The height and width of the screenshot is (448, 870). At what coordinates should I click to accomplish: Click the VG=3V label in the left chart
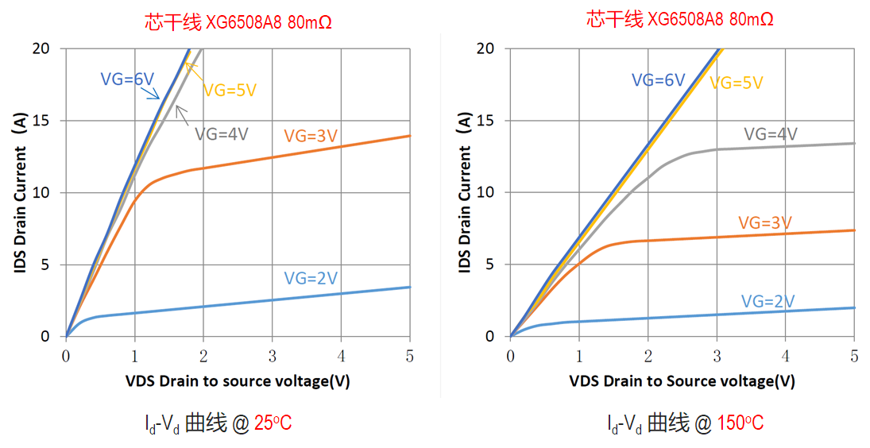point(311,136)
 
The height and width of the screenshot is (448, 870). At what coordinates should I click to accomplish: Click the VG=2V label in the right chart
point(768,301)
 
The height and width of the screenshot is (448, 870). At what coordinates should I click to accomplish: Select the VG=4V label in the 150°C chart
point(771,133)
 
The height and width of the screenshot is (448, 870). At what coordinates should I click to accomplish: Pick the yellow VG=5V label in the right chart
point(736,83)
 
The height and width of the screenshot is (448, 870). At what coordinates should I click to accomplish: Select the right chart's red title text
point(680,19)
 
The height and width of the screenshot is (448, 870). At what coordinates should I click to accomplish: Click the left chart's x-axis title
point(237,380)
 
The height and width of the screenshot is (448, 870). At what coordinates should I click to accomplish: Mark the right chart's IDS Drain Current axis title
point(465,192)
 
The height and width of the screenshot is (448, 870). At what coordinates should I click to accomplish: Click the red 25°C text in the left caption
point(273,423)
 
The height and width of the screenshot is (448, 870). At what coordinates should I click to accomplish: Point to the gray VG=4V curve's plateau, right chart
point(795,146)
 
